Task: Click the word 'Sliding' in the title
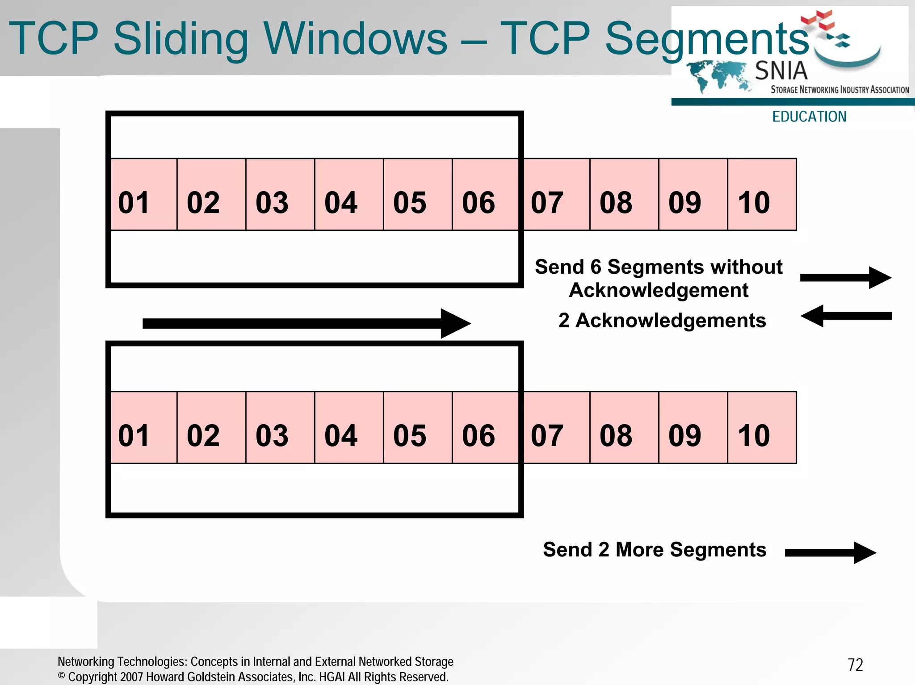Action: (x=181, y=39)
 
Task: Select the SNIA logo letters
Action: (x=781, y=71)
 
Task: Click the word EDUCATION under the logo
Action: (x=809, y=117)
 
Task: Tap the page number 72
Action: (x=855, y=665)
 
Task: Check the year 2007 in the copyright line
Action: (x=132, y=677)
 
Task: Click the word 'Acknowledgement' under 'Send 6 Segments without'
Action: (x=658, y=291)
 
